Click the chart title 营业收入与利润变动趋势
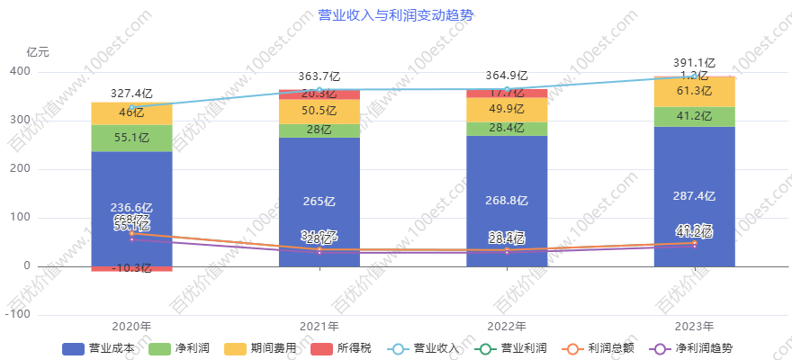point(396,15)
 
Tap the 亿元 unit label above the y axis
point(38,52)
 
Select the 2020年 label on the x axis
point(131,327)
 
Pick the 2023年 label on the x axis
point(694,327)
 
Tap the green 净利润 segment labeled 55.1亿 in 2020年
point(131,138)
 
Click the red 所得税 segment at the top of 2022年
point(507,93)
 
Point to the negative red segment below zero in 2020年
point(131,268)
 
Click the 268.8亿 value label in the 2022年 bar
point(507,201)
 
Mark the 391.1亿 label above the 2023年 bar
point(694,63)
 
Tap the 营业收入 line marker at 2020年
point(131,107)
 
